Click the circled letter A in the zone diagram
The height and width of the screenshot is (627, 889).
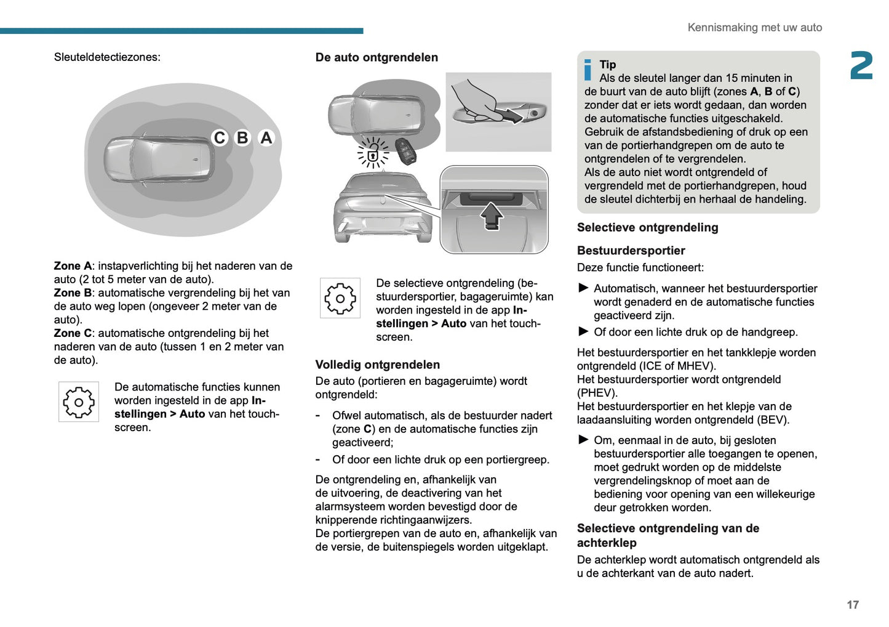click(x=266, y=138)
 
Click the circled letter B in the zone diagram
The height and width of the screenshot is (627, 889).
click(x=242, y=138)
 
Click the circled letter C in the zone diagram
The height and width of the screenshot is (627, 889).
click(x=220, y=138)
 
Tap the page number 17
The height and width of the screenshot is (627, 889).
click(x=852, y=605)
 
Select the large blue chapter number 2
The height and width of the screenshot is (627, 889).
click(x=861, y=66)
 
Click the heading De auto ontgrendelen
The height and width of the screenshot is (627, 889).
click(x=377, y=57)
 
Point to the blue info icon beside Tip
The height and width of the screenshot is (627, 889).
click(x=588, y=70)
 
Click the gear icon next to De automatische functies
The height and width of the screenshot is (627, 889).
click(x=79, y=402)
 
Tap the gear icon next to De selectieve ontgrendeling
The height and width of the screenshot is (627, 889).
click(x=340, y=298)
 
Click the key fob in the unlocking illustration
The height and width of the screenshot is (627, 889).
click(x=405, y=151)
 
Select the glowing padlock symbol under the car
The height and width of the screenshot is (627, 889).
click(x=373, y=153)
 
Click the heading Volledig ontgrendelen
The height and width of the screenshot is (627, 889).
click(x=377, y=365)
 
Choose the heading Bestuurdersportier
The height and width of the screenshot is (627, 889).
click(x=631, y=251)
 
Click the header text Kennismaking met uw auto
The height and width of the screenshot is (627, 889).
click(x=754, y=28)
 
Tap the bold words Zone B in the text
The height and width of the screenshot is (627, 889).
click(x=72, y=293)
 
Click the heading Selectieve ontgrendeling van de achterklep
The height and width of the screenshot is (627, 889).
click(x=668, y=535)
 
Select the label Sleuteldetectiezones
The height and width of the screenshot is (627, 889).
click(x=107, y=57)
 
